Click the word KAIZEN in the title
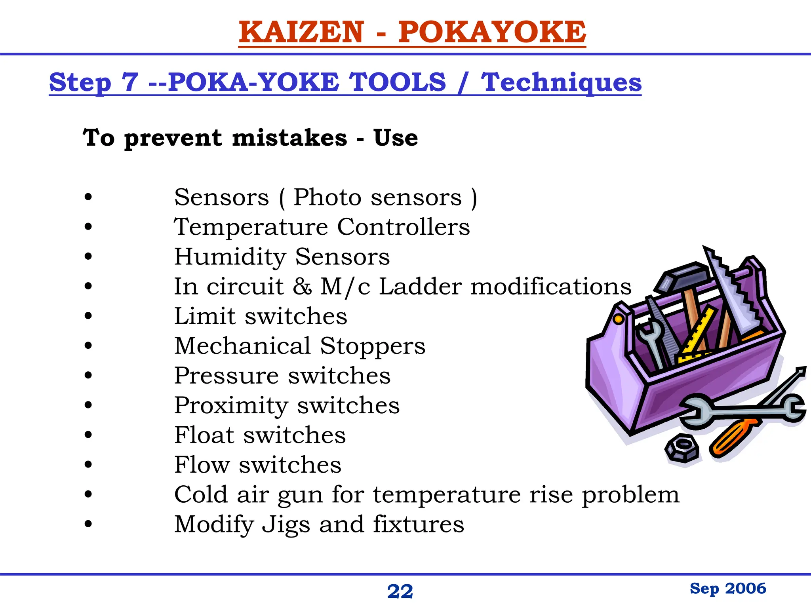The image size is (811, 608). click(x=301, y=32)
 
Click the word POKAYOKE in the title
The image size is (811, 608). click(x=492, y=32)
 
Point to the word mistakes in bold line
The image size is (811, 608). click(x=289, y=138)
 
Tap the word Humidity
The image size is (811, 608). click(x=230, y=257)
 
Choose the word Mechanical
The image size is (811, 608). click(x=243, y=346)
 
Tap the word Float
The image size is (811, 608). click(x=204, y=435)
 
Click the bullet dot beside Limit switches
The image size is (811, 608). click(x=88, y=316)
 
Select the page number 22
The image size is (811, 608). click(x=400, y=592)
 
